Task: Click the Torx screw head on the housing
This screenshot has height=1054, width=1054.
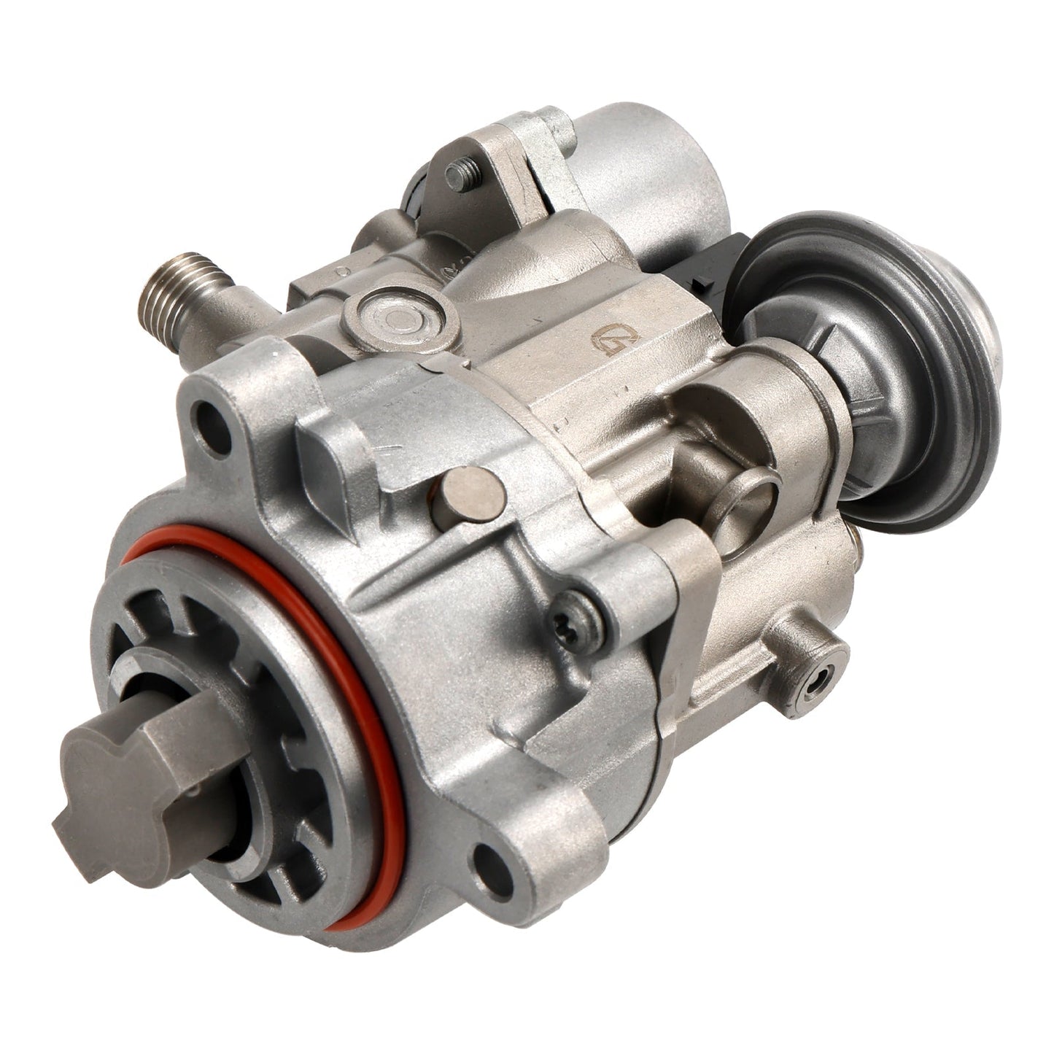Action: pos(573,619)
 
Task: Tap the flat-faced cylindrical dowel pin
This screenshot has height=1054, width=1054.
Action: pos(468,499)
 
